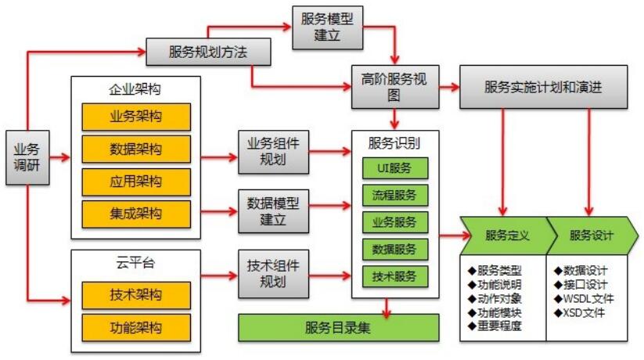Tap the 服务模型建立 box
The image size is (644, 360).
pos(328,27)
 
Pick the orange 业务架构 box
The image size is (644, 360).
pos(136,117)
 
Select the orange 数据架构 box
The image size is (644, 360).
pos(136,149)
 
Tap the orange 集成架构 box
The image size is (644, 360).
pos(136,213)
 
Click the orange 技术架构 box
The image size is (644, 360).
pos(136,294)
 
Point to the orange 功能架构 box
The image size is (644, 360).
pos(136,326)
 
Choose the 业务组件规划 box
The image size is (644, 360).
pos(272,150)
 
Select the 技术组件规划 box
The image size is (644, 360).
pos(272,270)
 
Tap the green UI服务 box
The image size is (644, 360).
pos(395,167)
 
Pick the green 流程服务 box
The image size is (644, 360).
pos(395,194)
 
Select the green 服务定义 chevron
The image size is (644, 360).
pos(505,235)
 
